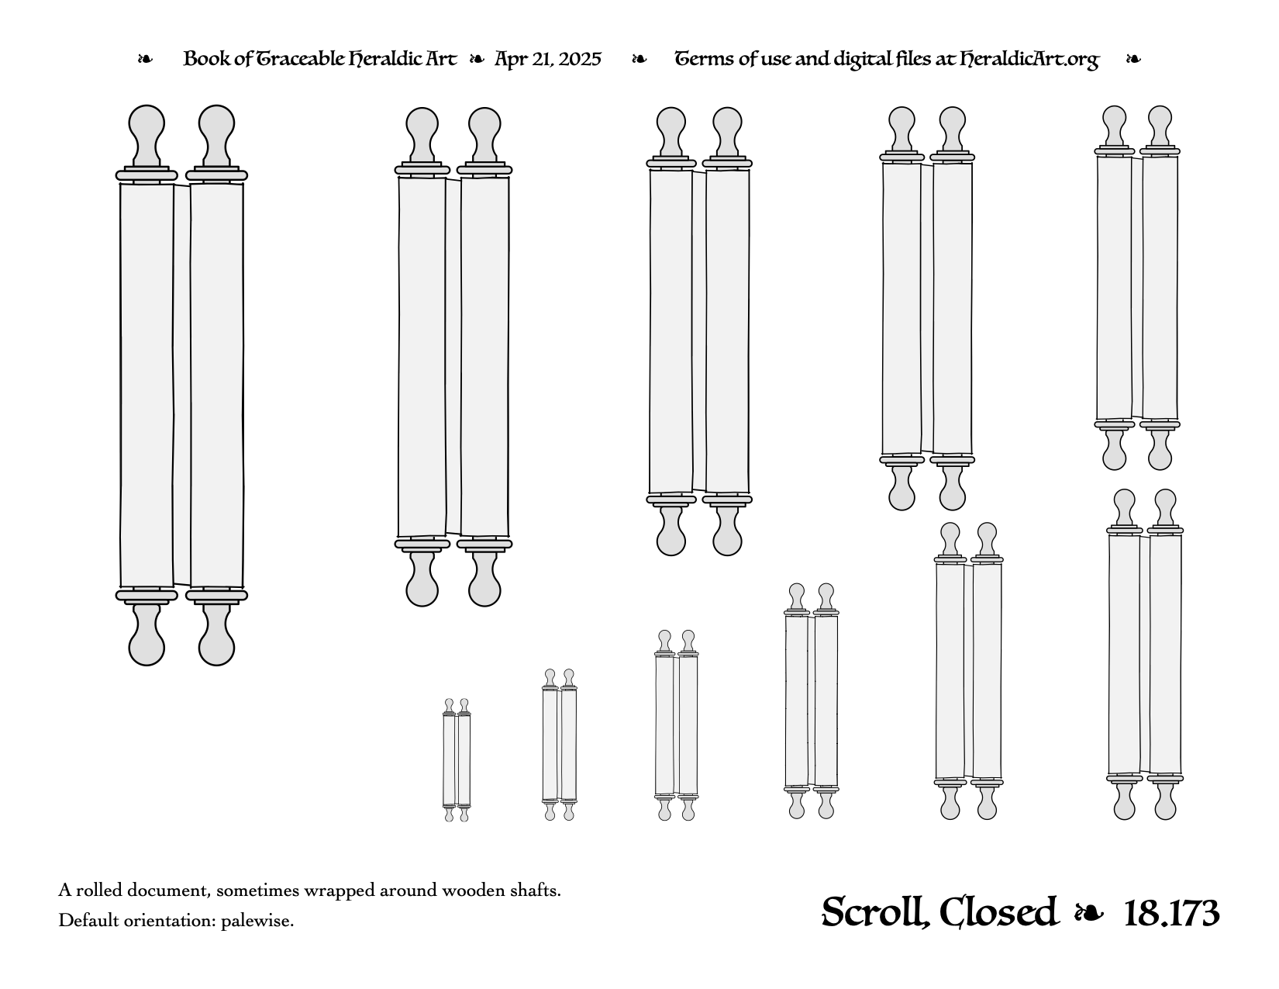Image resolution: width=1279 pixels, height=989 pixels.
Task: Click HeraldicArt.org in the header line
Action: coord(1029,60)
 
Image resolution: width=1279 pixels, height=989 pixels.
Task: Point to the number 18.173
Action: coord(1172,914)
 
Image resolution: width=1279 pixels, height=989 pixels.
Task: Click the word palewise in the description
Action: coord(257,921)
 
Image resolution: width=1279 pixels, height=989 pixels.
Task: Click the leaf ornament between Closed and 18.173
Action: coord(1088,914)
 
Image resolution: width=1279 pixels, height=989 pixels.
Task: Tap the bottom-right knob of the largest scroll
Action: coord(216,636)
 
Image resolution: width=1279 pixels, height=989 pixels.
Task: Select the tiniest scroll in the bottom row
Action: coord(457,760)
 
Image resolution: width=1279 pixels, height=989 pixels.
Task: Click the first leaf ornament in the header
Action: coord(145,59)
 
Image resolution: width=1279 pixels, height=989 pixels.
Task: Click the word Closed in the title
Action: coord(998,912)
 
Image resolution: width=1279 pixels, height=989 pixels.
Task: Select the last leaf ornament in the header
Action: coord(1133,59)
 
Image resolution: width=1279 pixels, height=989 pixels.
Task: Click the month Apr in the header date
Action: coord(510,60)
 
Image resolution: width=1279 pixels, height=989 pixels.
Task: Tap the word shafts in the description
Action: coord(533,890)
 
